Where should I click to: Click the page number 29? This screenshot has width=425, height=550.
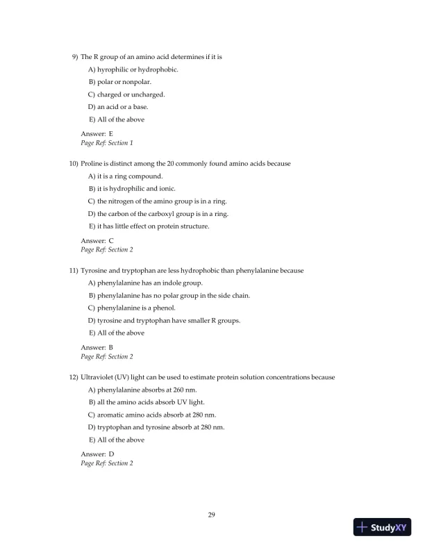click(212, 515)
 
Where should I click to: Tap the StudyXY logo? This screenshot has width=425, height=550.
click(381, 527)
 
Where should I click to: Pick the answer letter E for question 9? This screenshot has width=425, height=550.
click(111, 132)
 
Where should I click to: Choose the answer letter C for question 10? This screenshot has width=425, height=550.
click(111, 240)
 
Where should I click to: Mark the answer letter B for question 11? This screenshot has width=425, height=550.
click(111, 347)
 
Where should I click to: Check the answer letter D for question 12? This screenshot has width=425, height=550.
click(111, 453)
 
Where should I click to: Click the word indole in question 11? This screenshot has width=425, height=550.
click(172, 283)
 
